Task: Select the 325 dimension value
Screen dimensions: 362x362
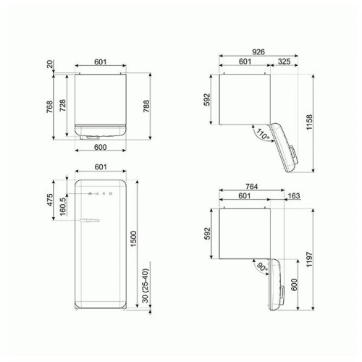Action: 285,62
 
